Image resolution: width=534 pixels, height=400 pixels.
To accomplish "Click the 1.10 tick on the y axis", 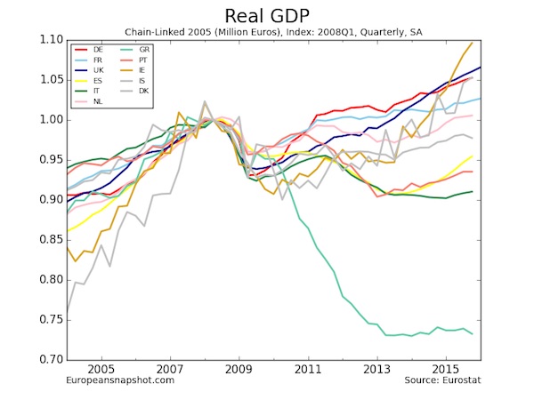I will pos(53,40).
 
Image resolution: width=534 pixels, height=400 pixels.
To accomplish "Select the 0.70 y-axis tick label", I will pos(53,360).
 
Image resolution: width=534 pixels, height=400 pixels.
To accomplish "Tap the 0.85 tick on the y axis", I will pos(53,240).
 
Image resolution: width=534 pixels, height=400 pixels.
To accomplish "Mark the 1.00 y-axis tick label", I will pos(53,120).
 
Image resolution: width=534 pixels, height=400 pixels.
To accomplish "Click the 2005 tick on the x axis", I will pos(100,368).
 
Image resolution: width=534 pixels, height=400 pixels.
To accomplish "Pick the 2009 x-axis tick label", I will pos(239,368).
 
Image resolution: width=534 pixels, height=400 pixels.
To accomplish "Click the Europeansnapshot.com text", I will pos(120,380).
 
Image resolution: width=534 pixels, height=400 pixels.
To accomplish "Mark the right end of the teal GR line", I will pos(473,334).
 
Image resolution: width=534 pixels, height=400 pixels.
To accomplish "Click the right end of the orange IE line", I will pos(473,43).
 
